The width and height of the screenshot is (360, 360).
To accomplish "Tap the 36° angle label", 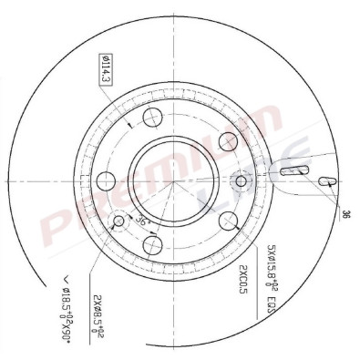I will (x=140, y=221).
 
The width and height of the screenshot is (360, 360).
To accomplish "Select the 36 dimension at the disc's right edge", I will (x=346, y=215).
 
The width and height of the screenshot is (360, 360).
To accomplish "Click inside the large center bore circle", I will (x=173, y=179).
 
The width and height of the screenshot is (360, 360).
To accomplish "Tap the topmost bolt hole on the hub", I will (x=153, y=117).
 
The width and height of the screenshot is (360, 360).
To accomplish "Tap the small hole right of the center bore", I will (x=242, y=180).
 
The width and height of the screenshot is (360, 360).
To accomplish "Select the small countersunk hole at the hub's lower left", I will (x=117, y=221).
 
